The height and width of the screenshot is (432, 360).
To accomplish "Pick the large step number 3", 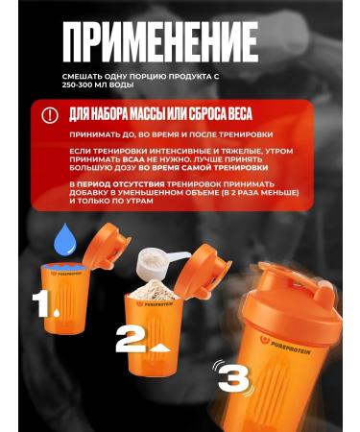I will tap(237, 372).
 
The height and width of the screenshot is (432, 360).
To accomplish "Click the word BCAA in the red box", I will tap(112, 160).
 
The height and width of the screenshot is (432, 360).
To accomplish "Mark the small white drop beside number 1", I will tap(60, 313).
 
